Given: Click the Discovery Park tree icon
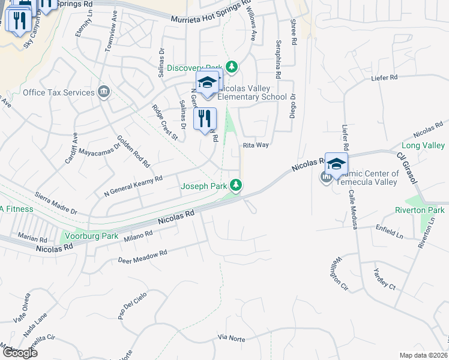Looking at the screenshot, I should tap(232, 66).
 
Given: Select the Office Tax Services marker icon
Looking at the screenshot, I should tap(104, 91).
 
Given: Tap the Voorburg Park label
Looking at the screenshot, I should tap(92, 236).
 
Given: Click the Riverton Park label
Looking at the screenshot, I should tap(420, 210).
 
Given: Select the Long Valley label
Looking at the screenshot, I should tap(423, 146).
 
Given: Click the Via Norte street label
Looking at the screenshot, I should tap(231, 338).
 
